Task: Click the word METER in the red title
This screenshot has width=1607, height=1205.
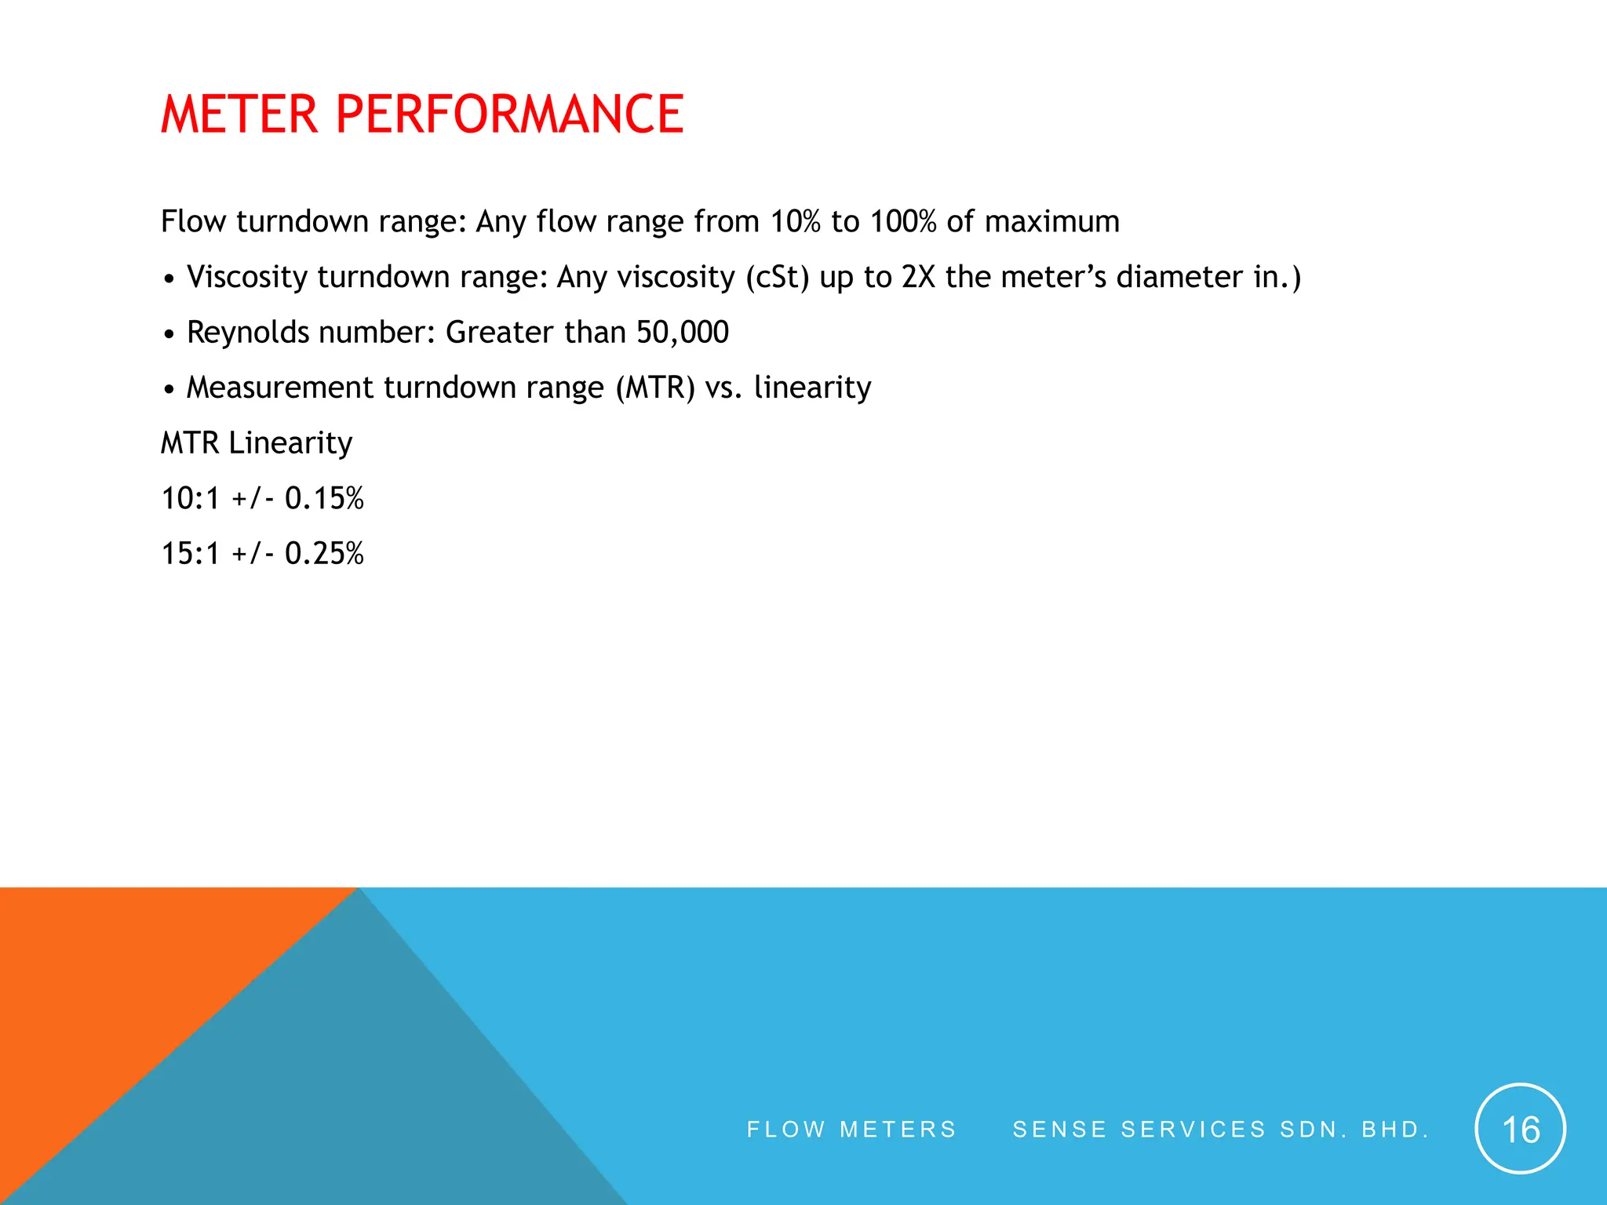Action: tap(239, 115)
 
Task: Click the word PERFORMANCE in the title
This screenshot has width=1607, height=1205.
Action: tap(509, 115)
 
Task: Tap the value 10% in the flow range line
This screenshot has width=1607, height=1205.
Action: tap(795, 222)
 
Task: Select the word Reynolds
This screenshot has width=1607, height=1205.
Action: tap(248, 333)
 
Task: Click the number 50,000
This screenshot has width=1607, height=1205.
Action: tap(682, 333)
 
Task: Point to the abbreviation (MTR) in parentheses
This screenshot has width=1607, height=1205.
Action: tap(655, 388)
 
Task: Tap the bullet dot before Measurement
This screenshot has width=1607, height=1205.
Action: tap(169, 390)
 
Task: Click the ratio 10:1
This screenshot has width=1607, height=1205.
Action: tap(190, 499)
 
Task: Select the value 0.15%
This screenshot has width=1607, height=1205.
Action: tap(324, 499)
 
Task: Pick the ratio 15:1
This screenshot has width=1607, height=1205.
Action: tap(190, 554)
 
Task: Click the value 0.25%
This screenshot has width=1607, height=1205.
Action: tap(324, 554)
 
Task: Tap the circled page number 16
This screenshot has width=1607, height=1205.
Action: tap(1520, 1129)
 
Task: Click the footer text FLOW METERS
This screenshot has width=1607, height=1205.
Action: tap(851, 1130)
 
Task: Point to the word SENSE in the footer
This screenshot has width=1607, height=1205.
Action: tap(1059, 1130)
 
